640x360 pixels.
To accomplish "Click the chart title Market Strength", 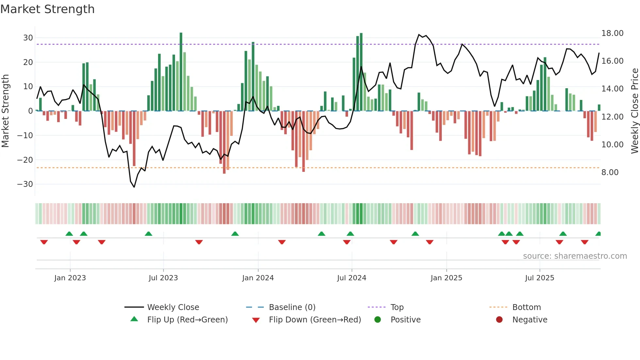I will [x=47, y=9].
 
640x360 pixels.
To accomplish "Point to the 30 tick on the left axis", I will [x=28, y=38].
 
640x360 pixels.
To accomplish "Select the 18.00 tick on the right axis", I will [x=612, y=33].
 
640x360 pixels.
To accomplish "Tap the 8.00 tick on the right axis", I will [x=610, y=172].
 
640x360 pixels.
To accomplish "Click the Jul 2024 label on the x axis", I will [x=351, y=278].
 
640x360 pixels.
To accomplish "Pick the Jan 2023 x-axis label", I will [x=70, y=278].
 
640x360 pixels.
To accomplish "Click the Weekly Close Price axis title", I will [x=634, y=111].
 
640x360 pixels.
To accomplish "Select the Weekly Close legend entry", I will [x=173, y=307].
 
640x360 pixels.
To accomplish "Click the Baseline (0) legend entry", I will [x=292, y=307].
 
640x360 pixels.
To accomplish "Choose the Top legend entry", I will [x=397, y=307].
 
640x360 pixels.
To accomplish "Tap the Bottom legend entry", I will [x=526, y=307].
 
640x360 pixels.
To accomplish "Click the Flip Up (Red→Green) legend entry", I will [x=187, y=320].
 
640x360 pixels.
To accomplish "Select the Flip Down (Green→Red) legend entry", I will [x=315, y=320].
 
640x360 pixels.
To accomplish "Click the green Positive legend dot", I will [x=377, y=320].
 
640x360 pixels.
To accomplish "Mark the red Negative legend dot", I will [x=499, y=320].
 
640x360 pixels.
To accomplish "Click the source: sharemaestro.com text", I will [x=575, y=256].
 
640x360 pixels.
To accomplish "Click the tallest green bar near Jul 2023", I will [x=181, y=72].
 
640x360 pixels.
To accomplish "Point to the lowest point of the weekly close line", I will [x=134, y=187].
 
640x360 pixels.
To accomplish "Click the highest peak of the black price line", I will [x=419, y=35].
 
